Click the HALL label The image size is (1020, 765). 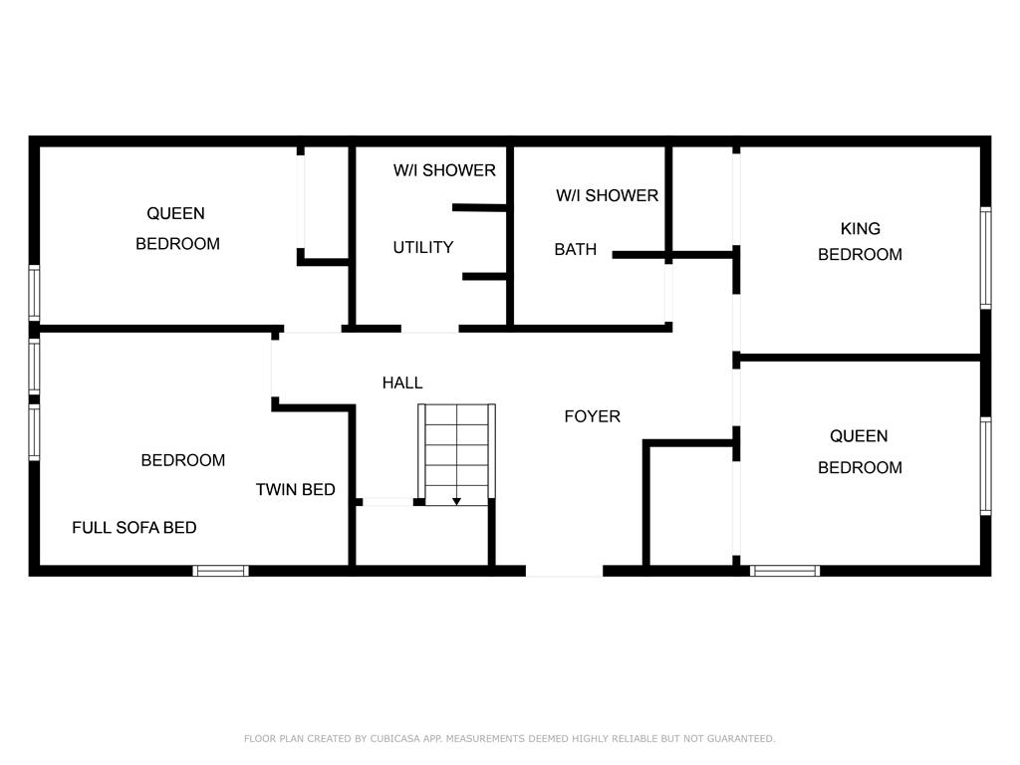[402, 382]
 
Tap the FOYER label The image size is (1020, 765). [592, 416]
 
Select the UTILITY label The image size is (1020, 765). [422, 247]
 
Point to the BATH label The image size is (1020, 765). [575, 249]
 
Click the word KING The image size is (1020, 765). [860, 229]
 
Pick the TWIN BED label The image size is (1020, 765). [295, 489]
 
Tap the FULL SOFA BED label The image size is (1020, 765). [134, 528]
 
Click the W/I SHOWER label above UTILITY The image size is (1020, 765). [444, 170]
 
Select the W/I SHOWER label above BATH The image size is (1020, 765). [607, 195]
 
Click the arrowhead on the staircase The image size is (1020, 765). [456, 502]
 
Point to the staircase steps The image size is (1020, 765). [456, 454]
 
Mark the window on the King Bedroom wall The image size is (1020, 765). [985, 258]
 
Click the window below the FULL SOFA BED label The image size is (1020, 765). [220, 571]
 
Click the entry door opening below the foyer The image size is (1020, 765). [564, 571]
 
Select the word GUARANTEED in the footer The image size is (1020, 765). [741, 738]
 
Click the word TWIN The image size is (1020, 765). [276, 489]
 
